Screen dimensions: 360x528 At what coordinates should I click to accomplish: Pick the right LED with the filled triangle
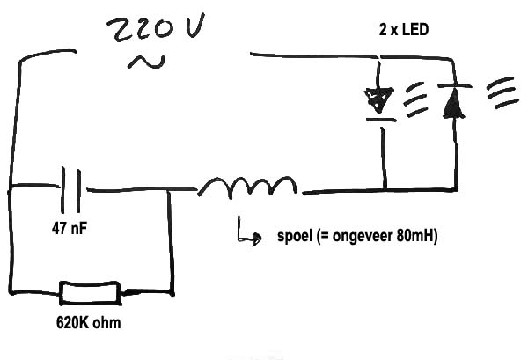tap(452, 101)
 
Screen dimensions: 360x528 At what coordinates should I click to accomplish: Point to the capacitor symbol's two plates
tap(73, 187)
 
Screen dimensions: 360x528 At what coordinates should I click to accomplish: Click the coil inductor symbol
tap(249, 187)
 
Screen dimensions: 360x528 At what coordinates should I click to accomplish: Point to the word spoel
tap(294, 239)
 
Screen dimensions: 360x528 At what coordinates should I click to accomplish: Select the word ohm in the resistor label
tap(106, 323)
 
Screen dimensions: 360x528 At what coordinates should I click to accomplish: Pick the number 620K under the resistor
tap(72, 323)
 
